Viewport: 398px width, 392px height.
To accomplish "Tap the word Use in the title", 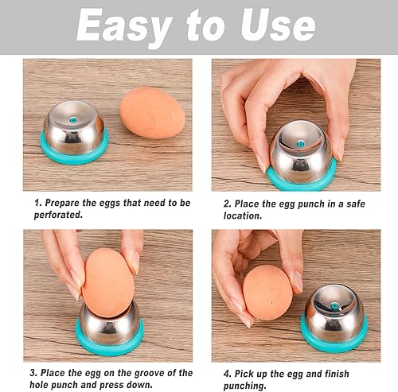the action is click(278, 25).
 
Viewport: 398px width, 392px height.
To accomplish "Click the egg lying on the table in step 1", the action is click(152, 112).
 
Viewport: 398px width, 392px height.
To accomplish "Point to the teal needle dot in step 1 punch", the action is click(72, 120).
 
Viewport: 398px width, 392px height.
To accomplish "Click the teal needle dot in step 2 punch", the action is click(300, 144).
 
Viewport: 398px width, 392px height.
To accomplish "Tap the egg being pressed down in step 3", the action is click(108, 283).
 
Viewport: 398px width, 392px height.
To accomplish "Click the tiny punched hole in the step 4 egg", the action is click(271, 301).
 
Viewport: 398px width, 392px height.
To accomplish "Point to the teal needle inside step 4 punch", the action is click(334, 308).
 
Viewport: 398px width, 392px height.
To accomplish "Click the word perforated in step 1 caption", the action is click(58, 215).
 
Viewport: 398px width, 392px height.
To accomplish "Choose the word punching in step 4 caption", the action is click(244, 386).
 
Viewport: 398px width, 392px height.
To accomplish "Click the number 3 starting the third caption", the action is click(33, 373).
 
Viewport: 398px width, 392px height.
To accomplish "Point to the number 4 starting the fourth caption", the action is click(227, 374).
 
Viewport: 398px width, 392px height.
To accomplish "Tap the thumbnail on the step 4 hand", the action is click(298, 281).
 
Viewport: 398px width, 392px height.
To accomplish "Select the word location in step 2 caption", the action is click(243, 215).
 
